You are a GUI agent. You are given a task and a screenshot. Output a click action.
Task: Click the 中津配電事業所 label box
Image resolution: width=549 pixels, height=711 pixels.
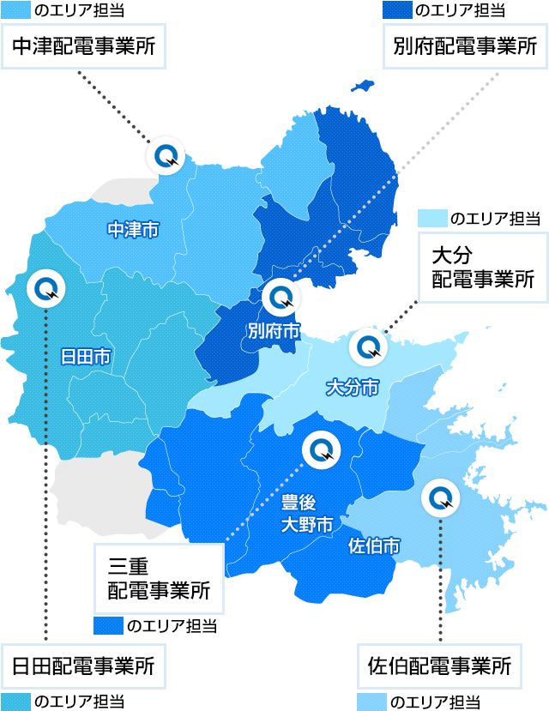click(x=85, y=46)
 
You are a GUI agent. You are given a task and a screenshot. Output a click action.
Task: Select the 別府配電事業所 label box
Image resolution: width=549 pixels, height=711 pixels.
click(x=464, y=46)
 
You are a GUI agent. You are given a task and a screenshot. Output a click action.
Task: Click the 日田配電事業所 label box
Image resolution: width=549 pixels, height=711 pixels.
click(x=85, y=666)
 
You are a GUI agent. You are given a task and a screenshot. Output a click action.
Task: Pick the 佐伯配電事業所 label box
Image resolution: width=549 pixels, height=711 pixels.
click(x=439, y=666)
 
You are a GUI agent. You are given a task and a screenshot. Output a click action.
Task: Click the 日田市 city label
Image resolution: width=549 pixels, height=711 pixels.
click(x=85, y=356)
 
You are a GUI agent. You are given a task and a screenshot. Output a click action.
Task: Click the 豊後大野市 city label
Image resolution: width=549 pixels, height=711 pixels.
click(x=306, y=513)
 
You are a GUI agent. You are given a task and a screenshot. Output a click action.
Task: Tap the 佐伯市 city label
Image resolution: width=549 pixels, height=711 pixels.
click(x=375, y=545)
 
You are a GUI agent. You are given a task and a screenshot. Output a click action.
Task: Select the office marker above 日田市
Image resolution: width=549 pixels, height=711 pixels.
click(x=44, y=289)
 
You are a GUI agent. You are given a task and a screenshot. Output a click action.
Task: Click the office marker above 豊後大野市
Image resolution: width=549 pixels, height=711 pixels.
click(x=322, y=448)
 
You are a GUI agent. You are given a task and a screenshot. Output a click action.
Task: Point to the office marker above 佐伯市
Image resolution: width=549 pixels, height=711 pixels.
click(x=440, y=497)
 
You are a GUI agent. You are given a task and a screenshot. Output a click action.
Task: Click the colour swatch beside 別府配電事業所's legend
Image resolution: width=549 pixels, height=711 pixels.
click(x=395, y=10)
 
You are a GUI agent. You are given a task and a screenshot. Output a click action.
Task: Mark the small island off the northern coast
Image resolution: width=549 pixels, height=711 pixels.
click(x=360, y=87)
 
